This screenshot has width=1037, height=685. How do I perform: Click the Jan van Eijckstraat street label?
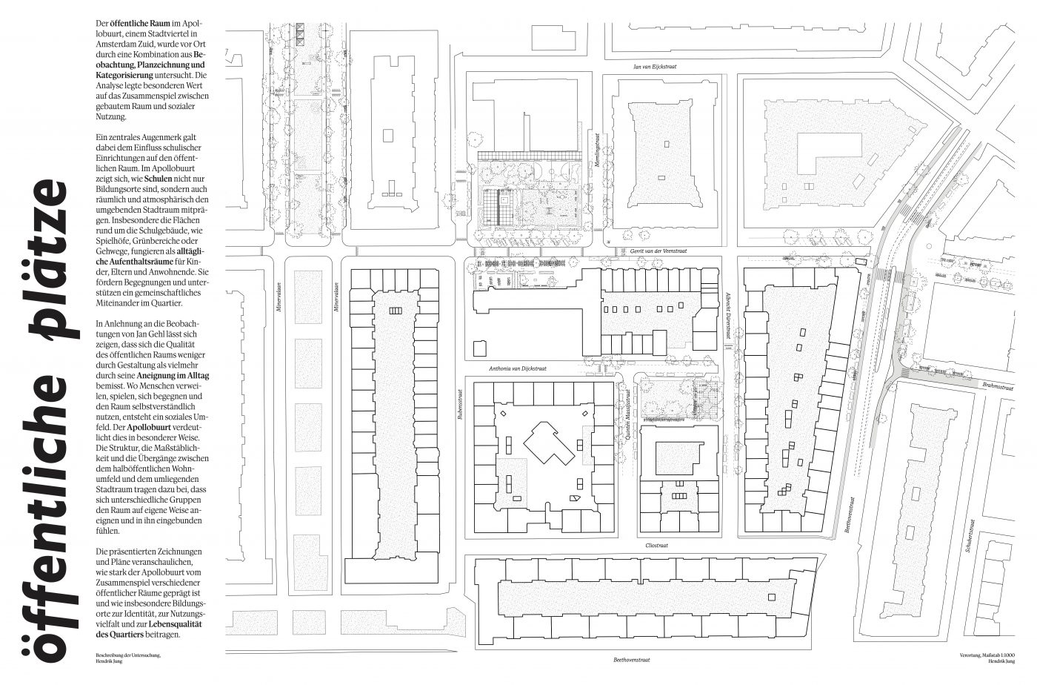coord(655,67)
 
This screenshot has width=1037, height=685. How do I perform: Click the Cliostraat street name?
coord(657,545)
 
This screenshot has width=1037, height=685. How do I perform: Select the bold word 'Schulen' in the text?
coord(159,179)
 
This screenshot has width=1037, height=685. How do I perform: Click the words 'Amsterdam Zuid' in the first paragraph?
coord(124,44)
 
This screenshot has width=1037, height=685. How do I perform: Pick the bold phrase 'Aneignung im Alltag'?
coord(174,377)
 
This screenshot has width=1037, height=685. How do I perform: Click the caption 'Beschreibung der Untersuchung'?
coord(128,655)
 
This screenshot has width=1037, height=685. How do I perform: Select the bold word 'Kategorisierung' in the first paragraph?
coord(124,76)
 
